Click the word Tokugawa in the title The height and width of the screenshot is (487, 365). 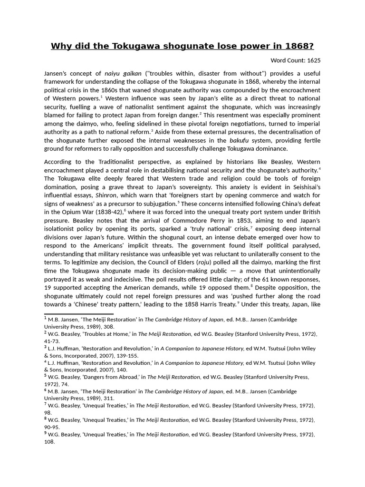pos(135,46)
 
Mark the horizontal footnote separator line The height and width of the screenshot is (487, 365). pos(78,314)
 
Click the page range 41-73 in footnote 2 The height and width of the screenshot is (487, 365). pos(51,341)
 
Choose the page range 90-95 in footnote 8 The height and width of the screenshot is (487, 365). pos(52,427)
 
